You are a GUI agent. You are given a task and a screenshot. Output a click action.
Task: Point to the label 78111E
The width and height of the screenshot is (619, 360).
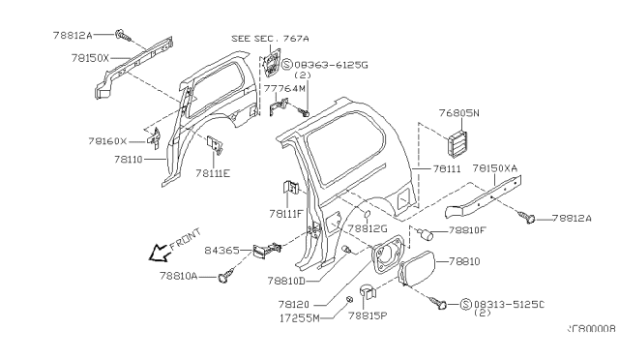click(x=212, y=173)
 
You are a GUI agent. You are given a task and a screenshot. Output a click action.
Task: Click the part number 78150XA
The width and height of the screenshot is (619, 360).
click(x=494, y=167)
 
